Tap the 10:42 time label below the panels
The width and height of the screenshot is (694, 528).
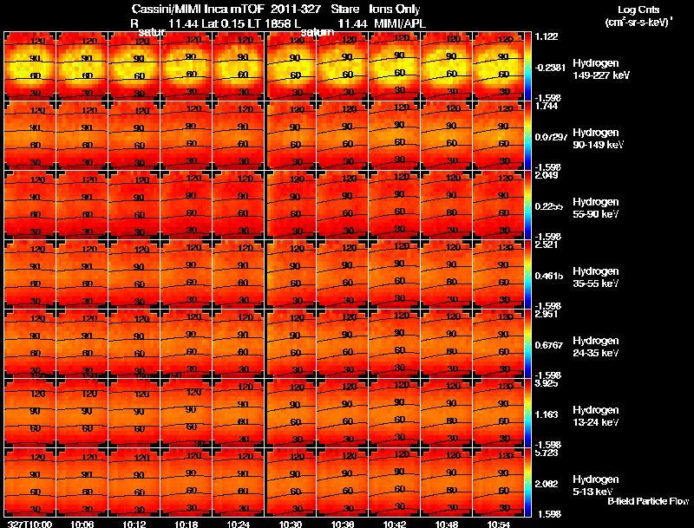pyautogui.click(x=395, y=524)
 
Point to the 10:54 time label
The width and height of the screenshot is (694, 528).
pyautogui.click(x=500, y=524)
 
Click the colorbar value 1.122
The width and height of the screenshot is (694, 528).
pyautogui.click(x=547, y=36)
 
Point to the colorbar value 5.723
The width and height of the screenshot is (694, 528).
pyautogui.click(x=547, y=453)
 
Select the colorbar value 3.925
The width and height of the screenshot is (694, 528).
pyautogui.click(x=547, y=383)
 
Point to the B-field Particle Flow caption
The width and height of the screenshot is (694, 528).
pyautogui.click(x=648, y=501)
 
